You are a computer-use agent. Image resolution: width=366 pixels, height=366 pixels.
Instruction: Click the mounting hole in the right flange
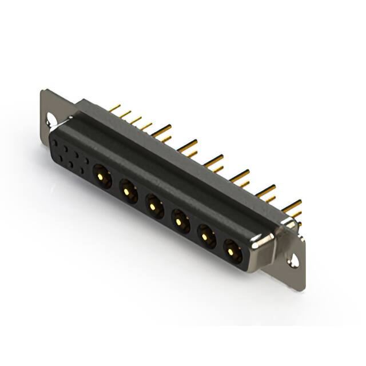(x=293, y=260)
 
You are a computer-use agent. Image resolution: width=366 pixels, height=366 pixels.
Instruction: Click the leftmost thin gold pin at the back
(x=114, y=107)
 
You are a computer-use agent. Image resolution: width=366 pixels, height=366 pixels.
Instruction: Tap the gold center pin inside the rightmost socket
(x=231, y=250)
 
